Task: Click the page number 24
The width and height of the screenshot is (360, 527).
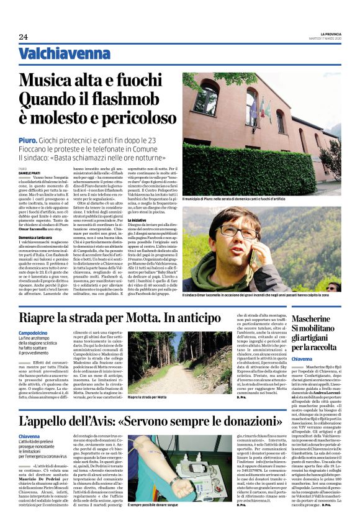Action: click(x=23, y=37)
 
